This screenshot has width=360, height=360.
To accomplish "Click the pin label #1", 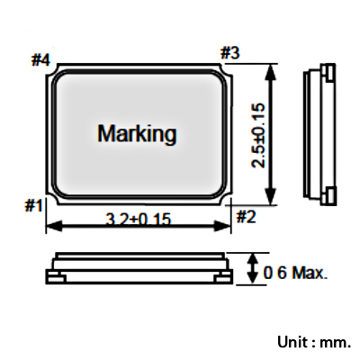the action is tap(33, 206).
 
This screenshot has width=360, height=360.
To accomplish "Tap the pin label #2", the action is tap(247, 217).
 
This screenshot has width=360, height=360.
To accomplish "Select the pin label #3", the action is tap(230, 53).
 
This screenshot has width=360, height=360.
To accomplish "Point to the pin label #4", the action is tap(40, 59).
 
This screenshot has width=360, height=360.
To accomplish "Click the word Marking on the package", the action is tap(137, 134).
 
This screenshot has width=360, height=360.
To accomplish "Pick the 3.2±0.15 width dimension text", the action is tap(139, 219).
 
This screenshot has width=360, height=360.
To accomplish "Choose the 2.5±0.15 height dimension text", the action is tap(258, 135).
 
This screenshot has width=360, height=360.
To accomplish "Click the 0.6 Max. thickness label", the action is tap(295, 273).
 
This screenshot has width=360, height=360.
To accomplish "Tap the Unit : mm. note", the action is tap(314, 342).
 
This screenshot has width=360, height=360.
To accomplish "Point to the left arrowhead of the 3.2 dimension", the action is tap(54, 226).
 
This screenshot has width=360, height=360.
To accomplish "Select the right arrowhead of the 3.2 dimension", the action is tap(223, 226).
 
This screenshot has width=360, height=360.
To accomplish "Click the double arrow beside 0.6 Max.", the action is tap(254, 268).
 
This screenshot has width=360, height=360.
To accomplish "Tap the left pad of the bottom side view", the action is tap(56, 279).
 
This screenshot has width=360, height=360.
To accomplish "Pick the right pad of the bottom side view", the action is tap(224, 279).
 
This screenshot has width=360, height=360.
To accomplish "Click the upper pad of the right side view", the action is tap(330, 72).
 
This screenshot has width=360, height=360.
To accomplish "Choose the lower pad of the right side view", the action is tap(330, 196).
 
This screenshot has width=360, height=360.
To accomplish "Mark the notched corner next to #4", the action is tap(51, 69).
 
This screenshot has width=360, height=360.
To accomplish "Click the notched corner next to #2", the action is tap(226, 200).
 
